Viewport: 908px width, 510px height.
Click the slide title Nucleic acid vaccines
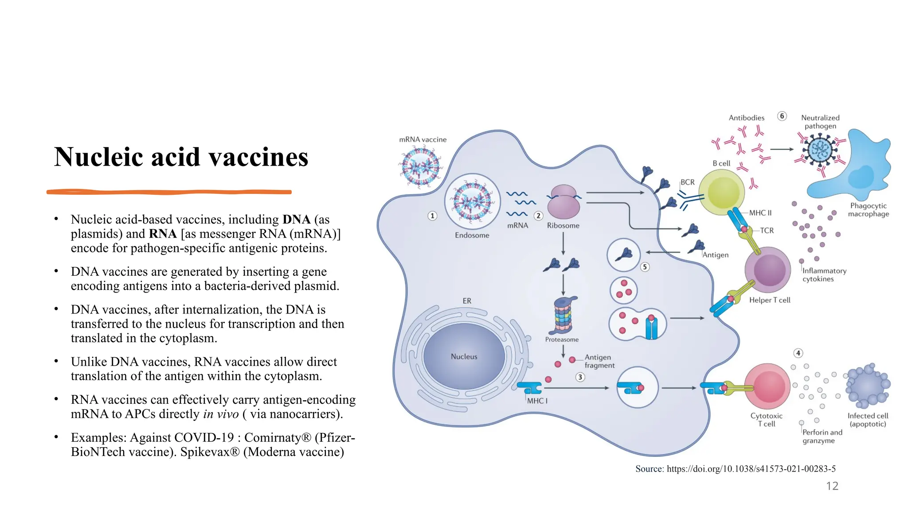[181, 157]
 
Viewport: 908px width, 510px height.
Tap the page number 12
[832, 486]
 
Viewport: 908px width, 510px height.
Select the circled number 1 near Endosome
[432, 216]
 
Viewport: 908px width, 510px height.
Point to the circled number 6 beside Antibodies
[782, 116]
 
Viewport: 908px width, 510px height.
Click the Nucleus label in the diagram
[464, 356]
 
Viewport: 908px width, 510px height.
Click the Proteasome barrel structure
[563, 315]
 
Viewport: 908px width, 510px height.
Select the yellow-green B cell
[722, 192]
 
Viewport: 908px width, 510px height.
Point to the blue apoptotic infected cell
[868, 386]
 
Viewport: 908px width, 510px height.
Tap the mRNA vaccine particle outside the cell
[420, 167]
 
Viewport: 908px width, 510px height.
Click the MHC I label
[537, 401]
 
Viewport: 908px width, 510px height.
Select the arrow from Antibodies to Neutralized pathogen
[782, 149]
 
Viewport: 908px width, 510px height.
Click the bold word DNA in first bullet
[296, 220]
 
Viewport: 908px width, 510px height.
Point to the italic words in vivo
[221, 414]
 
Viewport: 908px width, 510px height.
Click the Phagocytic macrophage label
[868, 210]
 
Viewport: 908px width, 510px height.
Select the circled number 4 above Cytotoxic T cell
[798, 353]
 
